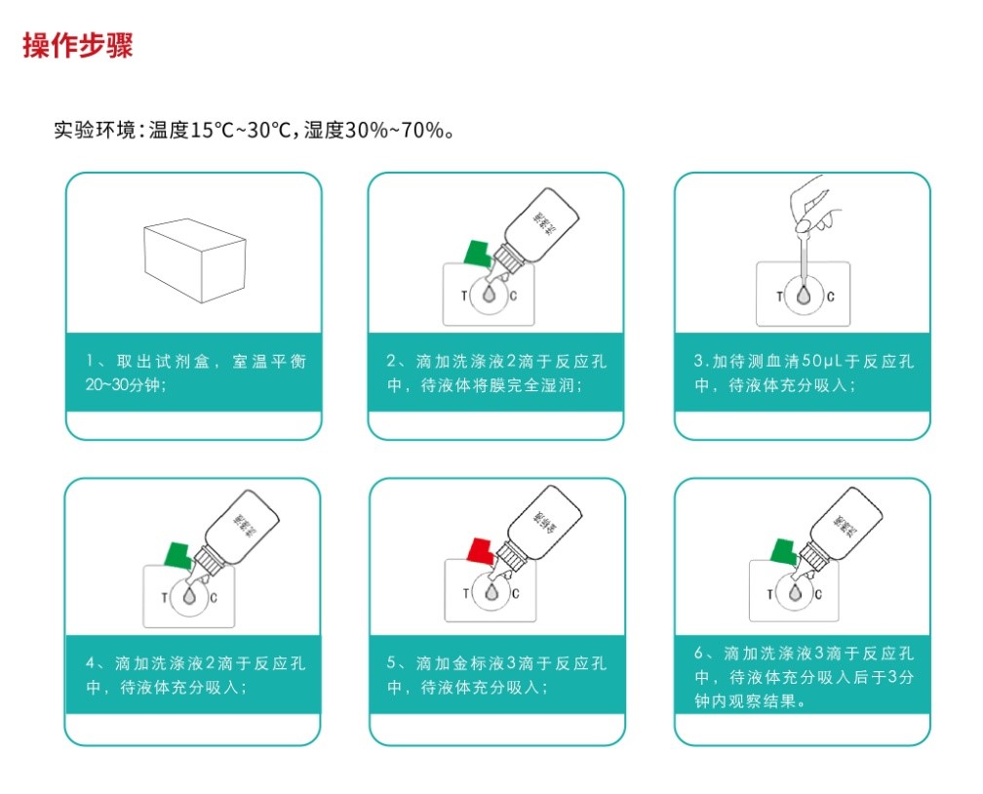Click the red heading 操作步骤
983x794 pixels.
(78, 46)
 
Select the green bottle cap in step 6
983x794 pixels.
(785, 551)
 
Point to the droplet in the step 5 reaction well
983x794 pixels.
(491, 591)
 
